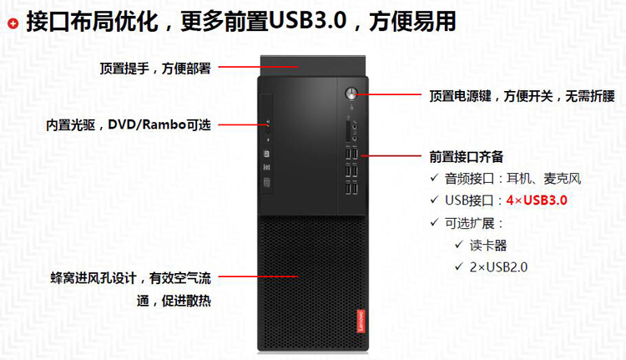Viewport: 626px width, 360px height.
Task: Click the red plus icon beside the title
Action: tap(13, 24)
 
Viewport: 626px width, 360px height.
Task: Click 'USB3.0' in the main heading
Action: tap(307, 20)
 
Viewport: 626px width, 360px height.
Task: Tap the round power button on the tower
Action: tap(351, 94)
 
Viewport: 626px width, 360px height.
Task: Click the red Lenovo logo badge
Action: tap(361, 321)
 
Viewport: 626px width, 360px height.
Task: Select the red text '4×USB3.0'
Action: tap(537, 200)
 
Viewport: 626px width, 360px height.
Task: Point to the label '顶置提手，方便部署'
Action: tap(155, 68)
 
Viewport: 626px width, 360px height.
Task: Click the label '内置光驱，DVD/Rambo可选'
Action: tap(129, 125)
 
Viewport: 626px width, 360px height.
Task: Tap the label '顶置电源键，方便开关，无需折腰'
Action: tap(523, 96)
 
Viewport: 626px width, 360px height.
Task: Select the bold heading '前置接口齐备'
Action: tap(467, 157)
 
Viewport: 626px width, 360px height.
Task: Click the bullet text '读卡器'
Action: tap(488, 246)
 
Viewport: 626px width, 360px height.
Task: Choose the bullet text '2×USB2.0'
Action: tap(498, 267)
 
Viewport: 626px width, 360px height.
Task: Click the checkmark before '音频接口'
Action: tap(435, 177)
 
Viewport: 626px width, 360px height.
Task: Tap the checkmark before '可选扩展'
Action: tap(435, 222)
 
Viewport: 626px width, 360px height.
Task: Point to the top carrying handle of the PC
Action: tap(313, 65)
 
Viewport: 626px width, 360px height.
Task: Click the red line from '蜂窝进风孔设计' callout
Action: tap(258, 276)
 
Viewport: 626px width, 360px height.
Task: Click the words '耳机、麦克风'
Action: tap(543, 178)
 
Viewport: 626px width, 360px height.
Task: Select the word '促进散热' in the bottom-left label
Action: tap(186, 301)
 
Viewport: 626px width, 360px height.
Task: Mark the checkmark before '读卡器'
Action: tap(459, 244)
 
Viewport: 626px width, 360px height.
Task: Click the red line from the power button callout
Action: tap(387, 94)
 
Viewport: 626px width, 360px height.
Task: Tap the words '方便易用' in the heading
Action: tap(413, 21)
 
